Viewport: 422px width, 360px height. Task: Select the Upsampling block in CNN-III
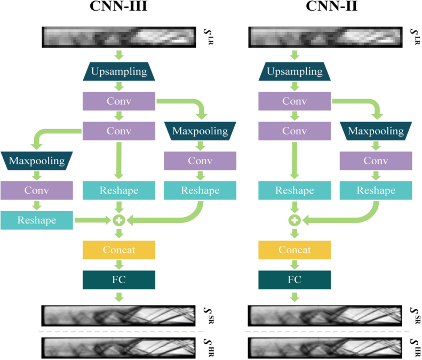[x=118, y=71]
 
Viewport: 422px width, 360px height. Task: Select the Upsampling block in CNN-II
[x=294, y=71]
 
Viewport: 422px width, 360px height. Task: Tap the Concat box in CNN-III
[x=118, y=250]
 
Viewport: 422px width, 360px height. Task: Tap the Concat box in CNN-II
[x=294, y=250]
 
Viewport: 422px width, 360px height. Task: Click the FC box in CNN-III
[x=118, y=279]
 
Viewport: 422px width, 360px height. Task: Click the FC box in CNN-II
[x=294, y=279]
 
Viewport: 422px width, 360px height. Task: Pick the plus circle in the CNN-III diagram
[x=118, y=220]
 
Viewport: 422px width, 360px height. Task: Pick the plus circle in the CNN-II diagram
[x=294, y=220]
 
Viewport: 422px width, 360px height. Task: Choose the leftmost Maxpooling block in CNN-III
[x=36, y=160]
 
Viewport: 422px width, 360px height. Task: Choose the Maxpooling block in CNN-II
[x=376, y=131]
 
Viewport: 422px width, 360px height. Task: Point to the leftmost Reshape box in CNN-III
[x=36, y=220]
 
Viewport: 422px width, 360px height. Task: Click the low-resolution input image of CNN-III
[x=118, y=37]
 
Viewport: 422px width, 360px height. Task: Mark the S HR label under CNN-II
[x=416, y=347]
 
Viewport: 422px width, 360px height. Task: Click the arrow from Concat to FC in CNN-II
[x=294, y=265]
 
